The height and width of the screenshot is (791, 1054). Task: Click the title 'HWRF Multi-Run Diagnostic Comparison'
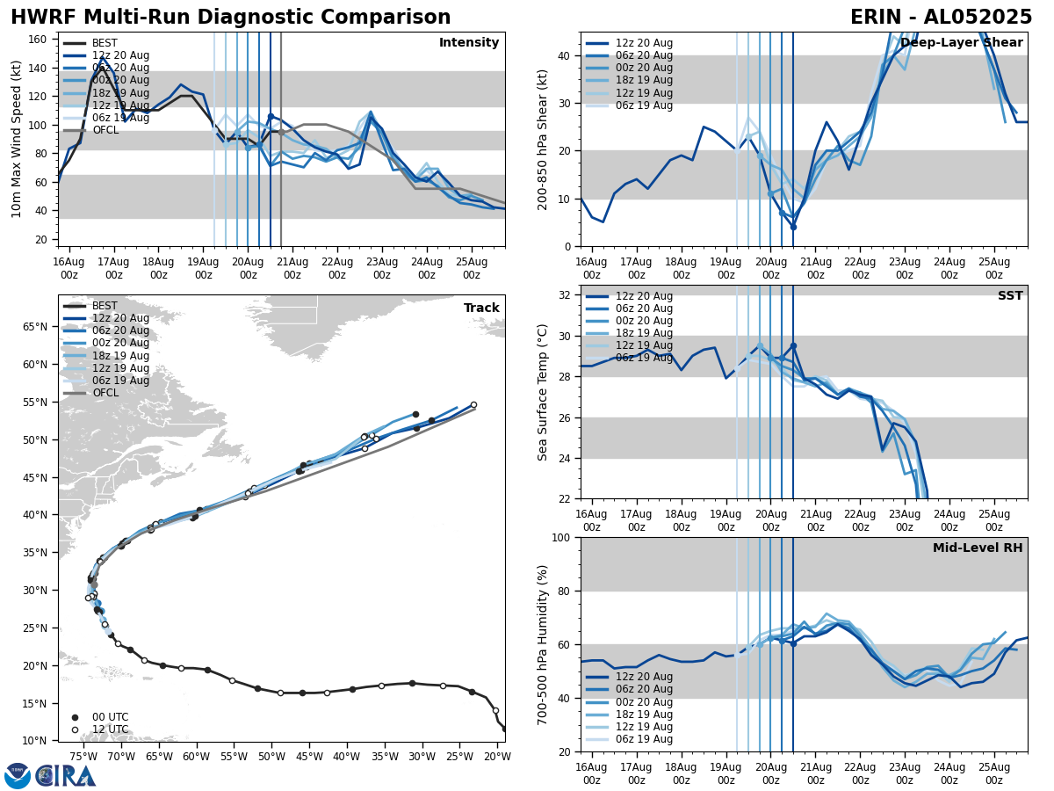[x=230, y=18]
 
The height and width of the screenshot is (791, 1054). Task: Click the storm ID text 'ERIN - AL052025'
[x=941, y=18]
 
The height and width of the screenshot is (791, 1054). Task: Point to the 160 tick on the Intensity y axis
[x=40, y=40]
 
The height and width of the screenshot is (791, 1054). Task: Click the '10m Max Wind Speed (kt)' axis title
[x=16, y=139]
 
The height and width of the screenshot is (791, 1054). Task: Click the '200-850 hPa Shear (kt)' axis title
[x=544, y=139]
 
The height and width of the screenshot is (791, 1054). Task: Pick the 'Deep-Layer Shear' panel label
[x=961, y=43]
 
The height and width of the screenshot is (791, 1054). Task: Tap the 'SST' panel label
[x=1010, y=296]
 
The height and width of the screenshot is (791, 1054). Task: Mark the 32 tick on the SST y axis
[x=564, y=295]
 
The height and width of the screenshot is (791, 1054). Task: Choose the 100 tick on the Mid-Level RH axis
[x=560, y=538]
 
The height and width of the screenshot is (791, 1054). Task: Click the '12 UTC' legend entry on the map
[x=110, y=729]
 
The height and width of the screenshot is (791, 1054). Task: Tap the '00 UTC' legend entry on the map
[x=110, y=717]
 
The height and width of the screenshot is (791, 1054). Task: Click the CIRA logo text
[x=66, y=775]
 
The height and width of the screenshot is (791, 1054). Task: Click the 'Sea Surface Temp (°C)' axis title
[x=544, y=392]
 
